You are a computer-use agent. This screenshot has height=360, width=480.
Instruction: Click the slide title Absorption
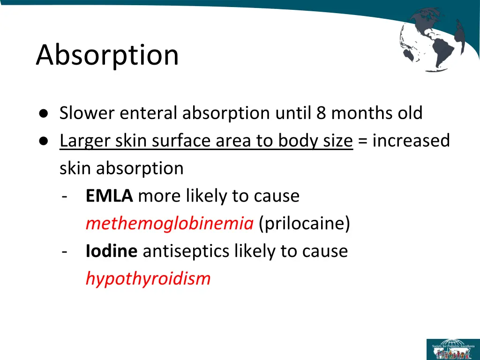[107, 55]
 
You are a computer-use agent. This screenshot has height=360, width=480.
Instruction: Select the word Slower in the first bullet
[86, 113]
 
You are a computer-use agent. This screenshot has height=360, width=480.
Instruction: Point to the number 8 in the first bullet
[321, 113]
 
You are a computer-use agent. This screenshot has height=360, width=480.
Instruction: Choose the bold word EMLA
[109, 195]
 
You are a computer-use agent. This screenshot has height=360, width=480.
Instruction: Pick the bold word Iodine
[111, 251]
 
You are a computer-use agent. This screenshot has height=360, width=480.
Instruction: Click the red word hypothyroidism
[148, 279]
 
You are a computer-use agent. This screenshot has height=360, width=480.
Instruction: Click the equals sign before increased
[362, 141]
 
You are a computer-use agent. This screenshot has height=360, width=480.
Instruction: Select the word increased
[411, 141]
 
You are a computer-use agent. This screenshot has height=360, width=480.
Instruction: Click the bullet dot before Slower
[43, 114]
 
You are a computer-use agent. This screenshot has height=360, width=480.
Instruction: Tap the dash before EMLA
[64, 196]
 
